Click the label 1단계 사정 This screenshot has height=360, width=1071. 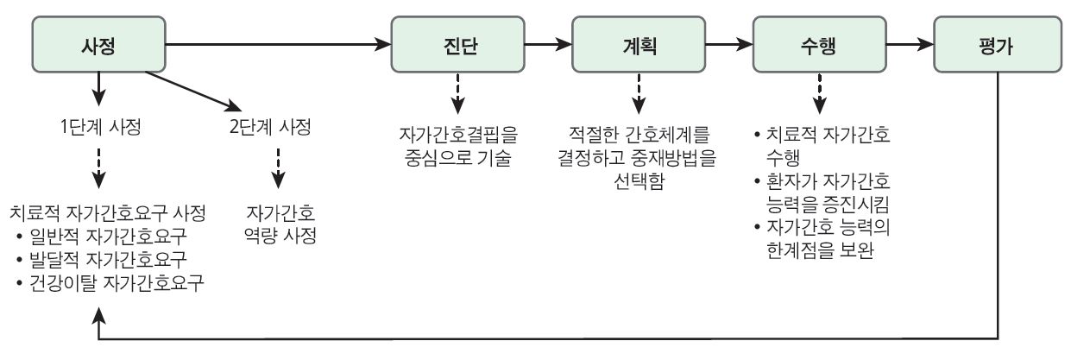click(x=100, y=127)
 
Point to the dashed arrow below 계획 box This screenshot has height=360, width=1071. click(x=639, y=93)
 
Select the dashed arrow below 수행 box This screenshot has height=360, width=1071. click(x=819, y=93)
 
